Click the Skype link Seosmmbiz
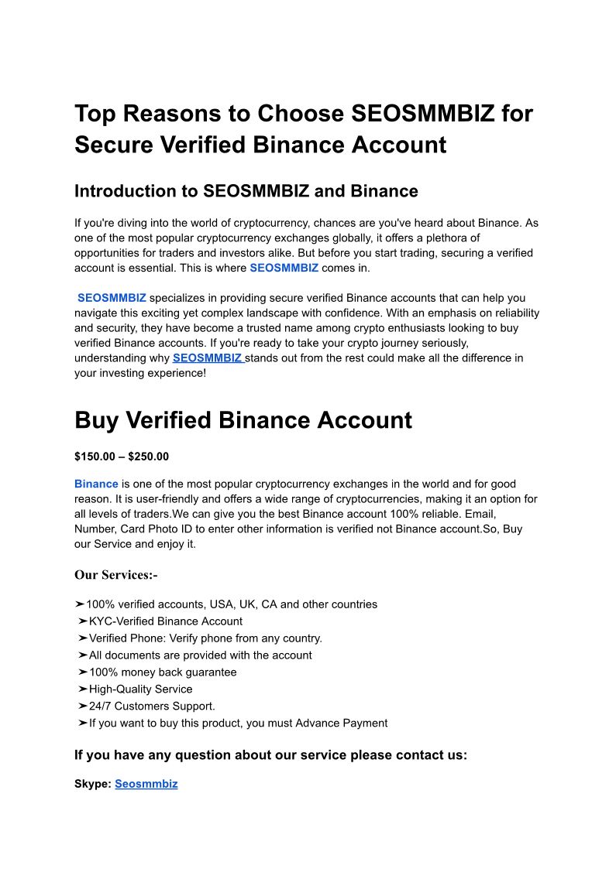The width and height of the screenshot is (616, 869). (x=146, y=784)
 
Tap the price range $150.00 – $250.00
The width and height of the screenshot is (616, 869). (x=121, y=457)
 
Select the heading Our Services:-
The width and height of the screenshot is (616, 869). (x=115, y=575)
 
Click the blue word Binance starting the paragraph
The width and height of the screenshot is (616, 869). (x=96, y=484)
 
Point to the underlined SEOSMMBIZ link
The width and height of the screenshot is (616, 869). (x=208, y=358)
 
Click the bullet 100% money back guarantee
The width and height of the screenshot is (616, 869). (x=163, y=672)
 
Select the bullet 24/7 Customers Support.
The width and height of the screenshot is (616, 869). (x=152, y=706)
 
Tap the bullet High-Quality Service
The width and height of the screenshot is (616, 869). (x=140, y=689)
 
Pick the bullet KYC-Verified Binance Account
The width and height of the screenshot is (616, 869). (x=165, y=621)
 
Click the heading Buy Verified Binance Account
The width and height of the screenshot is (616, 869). (x=243, y=420)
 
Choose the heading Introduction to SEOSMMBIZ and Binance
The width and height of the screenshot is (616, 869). (x=246, y=191)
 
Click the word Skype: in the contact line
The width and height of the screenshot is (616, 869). (x=93, y=784)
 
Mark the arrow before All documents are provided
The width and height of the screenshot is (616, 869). (x=82, y=655)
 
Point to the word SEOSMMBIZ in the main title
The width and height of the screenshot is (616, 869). (x=422, y=114)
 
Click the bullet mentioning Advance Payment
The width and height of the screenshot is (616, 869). (x=238, y=723)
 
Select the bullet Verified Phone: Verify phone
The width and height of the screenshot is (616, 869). (x=205, y=638)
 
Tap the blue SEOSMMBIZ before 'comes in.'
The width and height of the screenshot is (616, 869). (x=284, y=268)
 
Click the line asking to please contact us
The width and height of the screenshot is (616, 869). (x=270, y=755)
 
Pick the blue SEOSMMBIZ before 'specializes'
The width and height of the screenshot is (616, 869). (x=112, y=298)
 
